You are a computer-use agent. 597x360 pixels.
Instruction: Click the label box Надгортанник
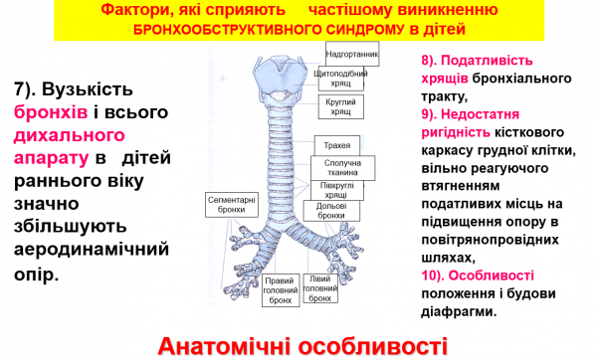point(352,53)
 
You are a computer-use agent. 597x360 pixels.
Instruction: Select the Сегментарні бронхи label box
point(232,205)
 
